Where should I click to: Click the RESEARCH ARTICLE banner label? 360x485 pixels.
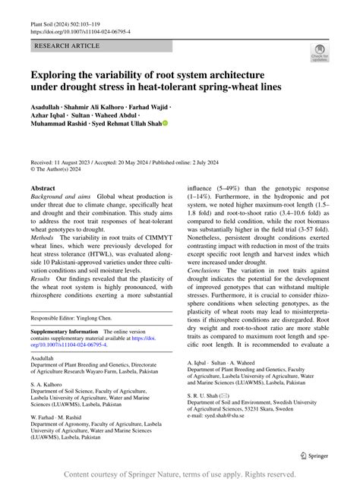tap(67, 46)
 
